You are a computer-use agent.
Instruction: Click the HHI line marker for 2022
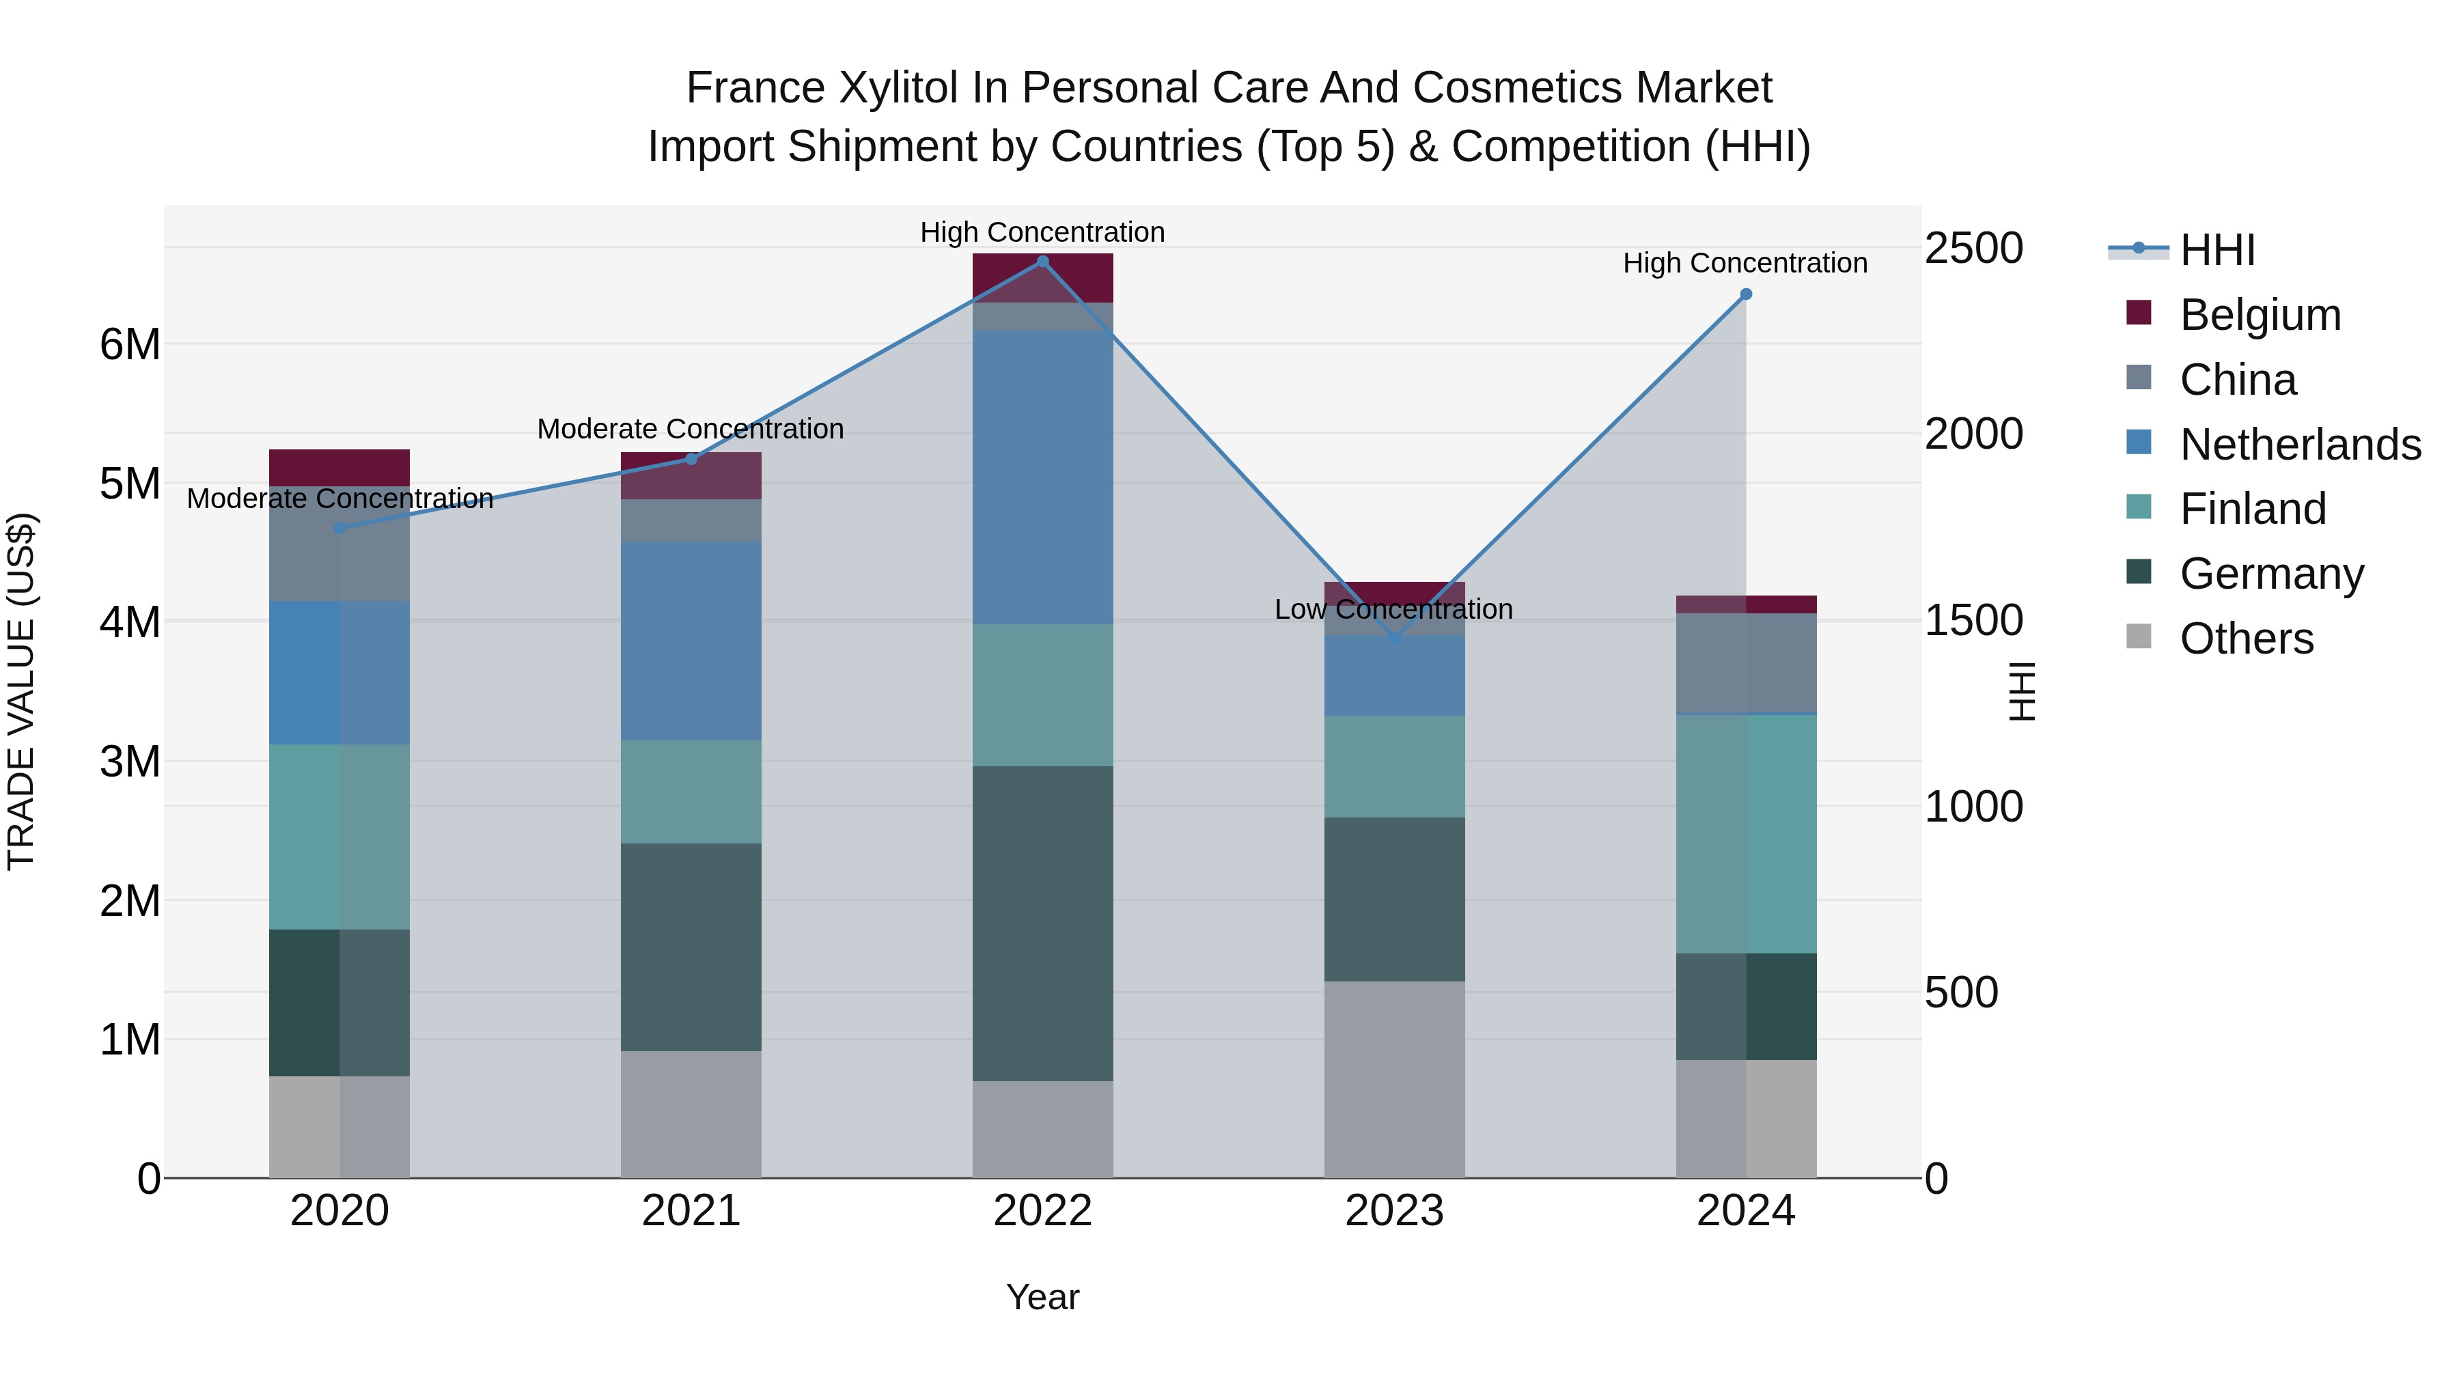(x=1042, y=262)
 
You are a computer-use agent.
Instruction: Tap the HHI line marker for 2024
(x=1746, y=294)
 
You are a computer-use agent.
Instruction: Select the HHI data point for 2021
(x=691, y=459)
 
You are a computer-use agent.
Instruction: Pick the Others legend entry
(x=2245, y=639)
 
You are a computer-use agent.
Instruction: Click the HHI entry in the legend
(x=2217, y=250)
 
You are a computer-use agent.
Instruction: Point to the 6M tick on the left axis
(x=130, y=345)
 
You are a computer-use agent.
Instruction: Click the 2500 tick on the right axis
(x=1972, y=248)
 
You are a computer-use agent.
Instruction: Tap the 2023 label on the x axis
(x=1393, y=1211)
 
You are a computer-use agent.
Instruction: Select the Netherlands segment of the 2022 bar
(x=1042, y=477)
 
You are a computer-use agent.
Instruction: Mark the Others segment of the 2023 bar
(x=1393, y=1078)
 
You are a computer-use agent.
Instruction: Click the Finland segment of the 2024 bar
(x=1746, y=833)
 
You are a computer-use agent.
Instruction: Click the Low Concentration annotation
(x=1393, y=609)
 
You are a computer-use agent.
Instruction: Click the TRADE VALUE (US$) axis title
(x=21, y=691)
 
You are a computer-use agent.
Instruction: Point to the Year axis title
(x=1042, y=1297)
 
